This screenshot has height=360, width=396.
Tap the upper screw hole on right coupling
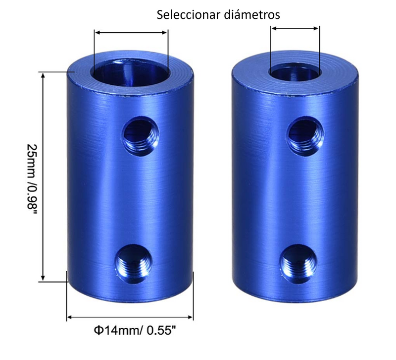304,131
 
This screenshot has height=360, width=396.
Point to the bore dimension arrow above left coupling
131,33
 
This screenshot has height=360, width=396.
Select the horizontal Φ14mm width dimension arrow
130,316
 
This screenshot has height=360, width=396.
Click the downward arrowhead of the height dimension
44,279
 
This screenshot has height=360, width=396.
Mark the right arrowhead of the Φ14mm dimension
190,316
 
